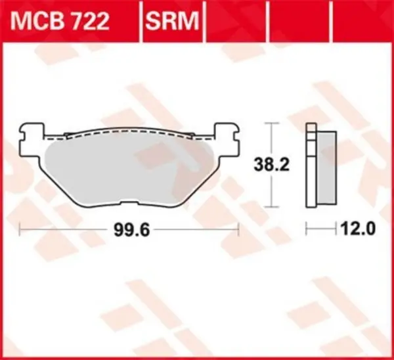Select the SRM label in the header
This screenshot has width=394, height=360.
point(171,22)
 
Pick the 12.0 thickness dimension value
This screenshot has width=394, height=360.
point(358,230)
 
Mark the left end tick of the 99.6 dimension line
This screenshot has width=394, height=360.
point(22,230)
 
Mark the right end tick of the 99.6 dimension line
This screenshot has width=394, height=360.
point(237,230)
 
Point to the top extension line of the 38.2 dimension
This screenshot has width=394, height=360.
point(271,122)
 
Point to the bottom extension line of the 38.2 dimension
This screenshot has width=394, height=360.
point(271,205)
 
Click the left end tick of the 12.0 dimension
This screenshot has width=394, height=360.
point(307,230)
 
